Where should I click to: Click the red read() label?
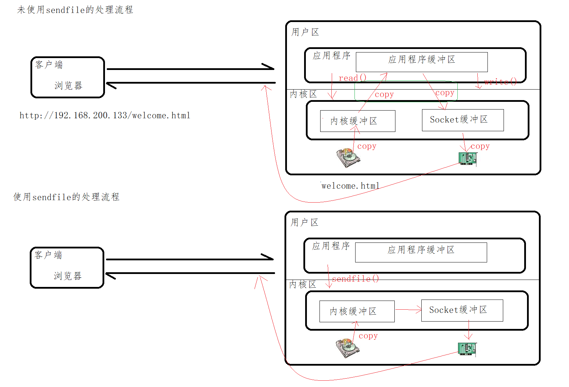point(352,78)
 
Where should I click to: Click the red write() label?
point(500,82)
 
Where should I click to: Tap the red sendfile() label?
point(355,279)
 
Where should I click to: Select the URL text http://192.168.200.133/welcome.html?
point(105,115)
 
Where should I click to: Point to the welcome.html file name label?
point(350,186)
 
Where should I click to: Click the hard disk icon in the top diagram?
point(348,158)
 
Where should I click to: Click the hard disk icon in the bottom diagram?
point(347,348)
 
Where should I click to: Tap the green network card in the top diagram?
point(468,159)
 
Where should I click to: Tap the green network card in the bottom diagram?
point(467,349)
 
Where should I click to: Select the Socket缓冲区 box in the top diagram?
point(463,120)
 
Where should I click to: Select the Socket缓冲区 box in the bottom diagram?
point(462,310)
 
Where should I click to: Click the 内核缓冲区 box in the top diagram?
point(358,121)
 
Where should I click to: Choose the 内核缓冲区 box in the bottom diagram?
point(357,311)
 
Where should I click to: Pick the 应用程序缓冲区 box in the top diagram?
point(422,62)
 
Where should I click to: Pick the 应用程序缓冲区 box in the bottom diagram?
point(421,252)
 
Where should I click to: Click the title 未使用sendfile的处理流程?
point(75,10)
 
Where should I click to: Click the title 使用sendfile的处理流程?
point(66,197)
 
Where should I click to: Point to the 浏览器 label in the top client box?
point(68,85)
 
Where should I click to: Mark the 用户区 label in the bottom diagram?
point(304,223)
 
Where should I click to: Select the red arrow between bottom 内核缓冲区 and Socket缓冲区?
point(408,310)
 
